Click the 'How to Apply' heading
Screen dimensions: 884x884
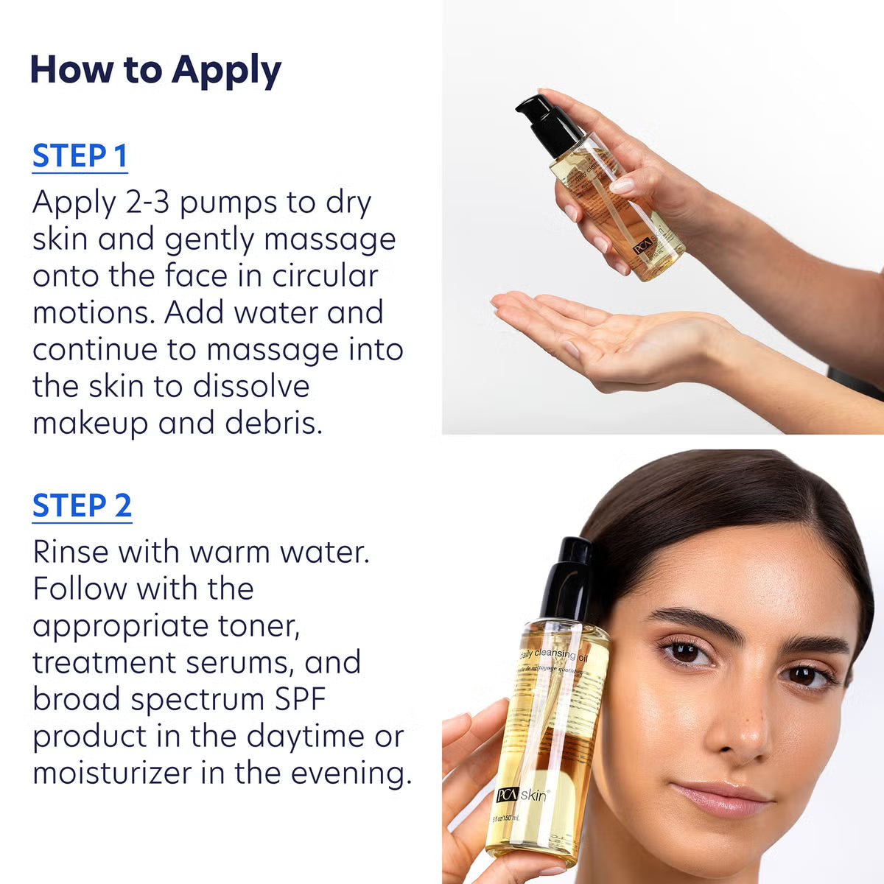pyautogui.click(x=155, y=70)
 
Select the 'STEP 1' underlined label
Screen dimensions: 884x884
pyautogui.click(x=80, y=156)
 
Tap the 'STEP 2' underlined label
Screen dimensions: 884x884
pyautogui.click(x=82, y=506)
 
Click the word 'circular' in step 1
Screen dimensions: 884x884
pyautogui.click(x=325, y=276)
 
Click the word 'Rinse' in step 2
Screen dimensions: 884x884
pyautogui.click(x=71, y=552)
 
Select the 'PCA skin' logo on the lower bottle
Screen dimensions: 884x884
pyautogui.click(x=522, y=795)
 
